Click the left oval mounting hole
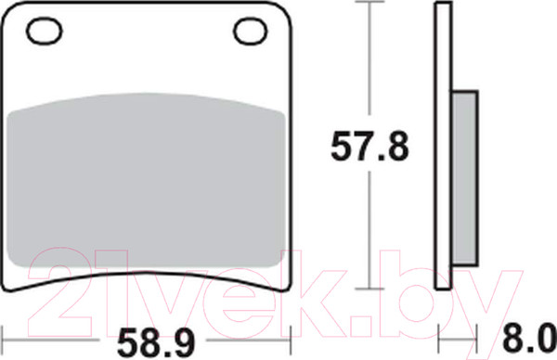coord(44,32)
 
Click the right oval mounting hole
coord(251,32)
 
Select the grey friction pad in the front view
coord(147,186)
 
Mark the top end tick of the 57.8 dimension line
coord(371,4)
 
